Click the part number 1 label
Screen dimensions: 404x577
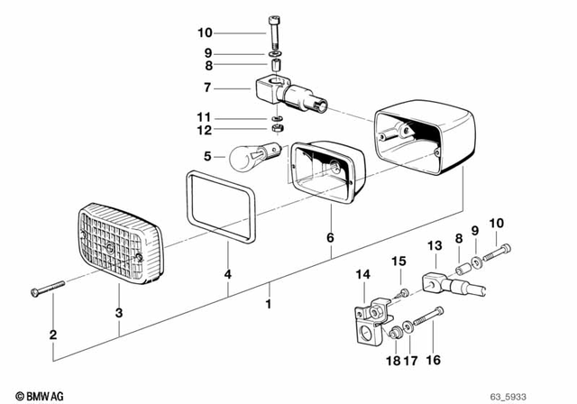click(269, 306)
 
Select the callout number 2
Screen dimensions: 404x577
click(53, 335)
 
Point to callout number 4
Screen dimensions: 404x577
click(228, 273)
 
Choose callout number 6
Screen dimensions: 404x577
click(330, 238)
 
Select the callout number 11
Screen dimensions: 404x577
click(206, 117)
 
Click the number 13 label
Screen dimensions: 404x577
click(434, 245)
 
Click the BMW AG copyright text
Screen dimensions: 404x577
click(31, 394)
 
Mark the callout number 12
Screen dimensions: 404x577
click(206, 131)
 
